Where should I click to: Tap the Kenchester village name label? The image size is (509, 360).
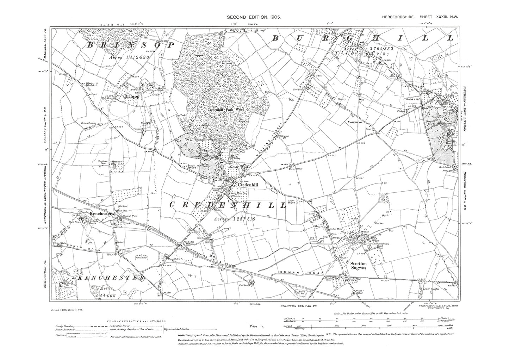tap(101, 213)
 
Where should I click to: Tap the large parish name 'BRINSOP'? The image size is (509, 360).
tap(131, 45)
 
